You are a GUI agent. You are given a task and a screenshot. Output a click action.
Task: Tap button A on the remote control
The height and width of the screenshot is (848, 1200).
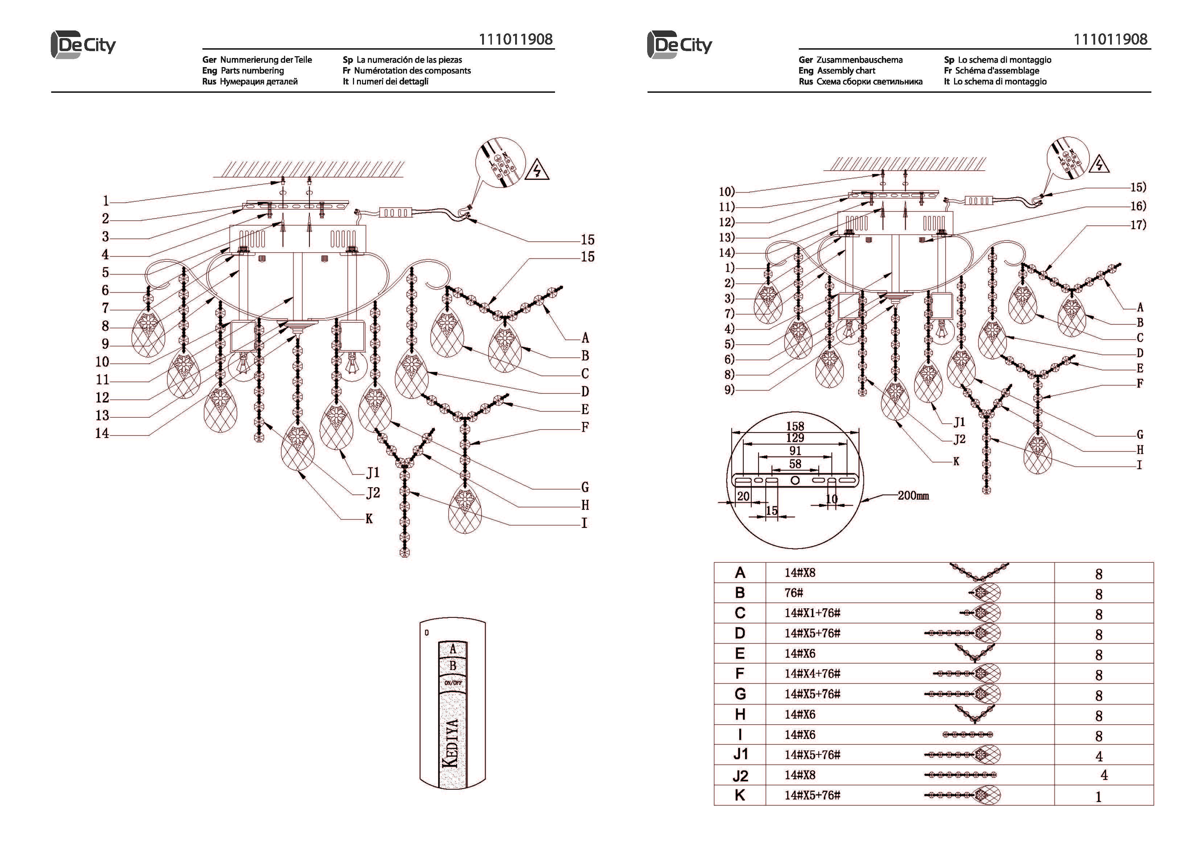coord(453,649)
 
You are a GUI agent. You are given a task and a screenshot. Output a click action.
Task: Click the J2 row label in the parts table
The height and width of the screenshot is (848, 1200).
coord(740,776)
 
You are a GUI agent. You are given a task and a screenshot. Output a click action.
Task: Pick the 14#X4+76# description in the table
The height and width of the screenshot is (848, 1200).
coord(812,674)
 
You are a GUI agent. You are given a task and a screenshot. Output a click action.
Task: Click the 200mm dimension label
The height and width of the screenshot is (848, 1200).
coord(913,495)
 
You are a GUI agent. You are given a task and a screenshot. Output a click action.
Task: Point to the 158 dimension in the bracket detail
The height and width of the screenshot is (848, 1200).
coord(795,426)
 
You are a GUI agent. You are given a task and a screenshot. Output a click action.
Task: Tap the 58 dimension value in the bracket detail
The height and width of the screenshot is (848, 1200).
coord(795,464)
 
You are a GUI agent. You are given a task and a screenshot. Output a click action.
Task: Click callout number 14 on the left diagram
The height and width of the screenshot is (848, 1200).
coord(102,433)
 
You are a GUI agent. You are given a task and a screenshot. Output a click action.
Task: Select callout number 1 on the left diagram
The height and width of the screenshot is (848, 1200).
coord(106,200)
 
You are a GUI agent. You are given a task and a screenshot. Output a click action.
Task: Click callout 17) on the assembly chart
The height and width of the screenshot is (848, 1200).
coord(1138,225)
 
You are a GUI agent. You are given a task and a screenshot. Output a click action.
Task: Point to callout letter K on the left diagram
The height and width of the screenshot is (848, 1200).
coord(369,519)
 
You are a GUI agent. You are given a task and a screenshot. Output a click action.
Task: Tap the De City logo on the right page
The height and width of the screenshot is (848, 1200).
coord(679,45)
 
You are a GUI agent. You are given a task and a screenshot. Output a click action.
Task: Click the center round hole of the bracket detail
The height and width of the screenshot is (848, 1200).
coord(795,480)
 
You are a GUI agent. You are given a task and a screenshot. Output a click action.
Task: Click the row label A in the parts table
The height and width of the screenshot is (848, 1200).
coord(740,573)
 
